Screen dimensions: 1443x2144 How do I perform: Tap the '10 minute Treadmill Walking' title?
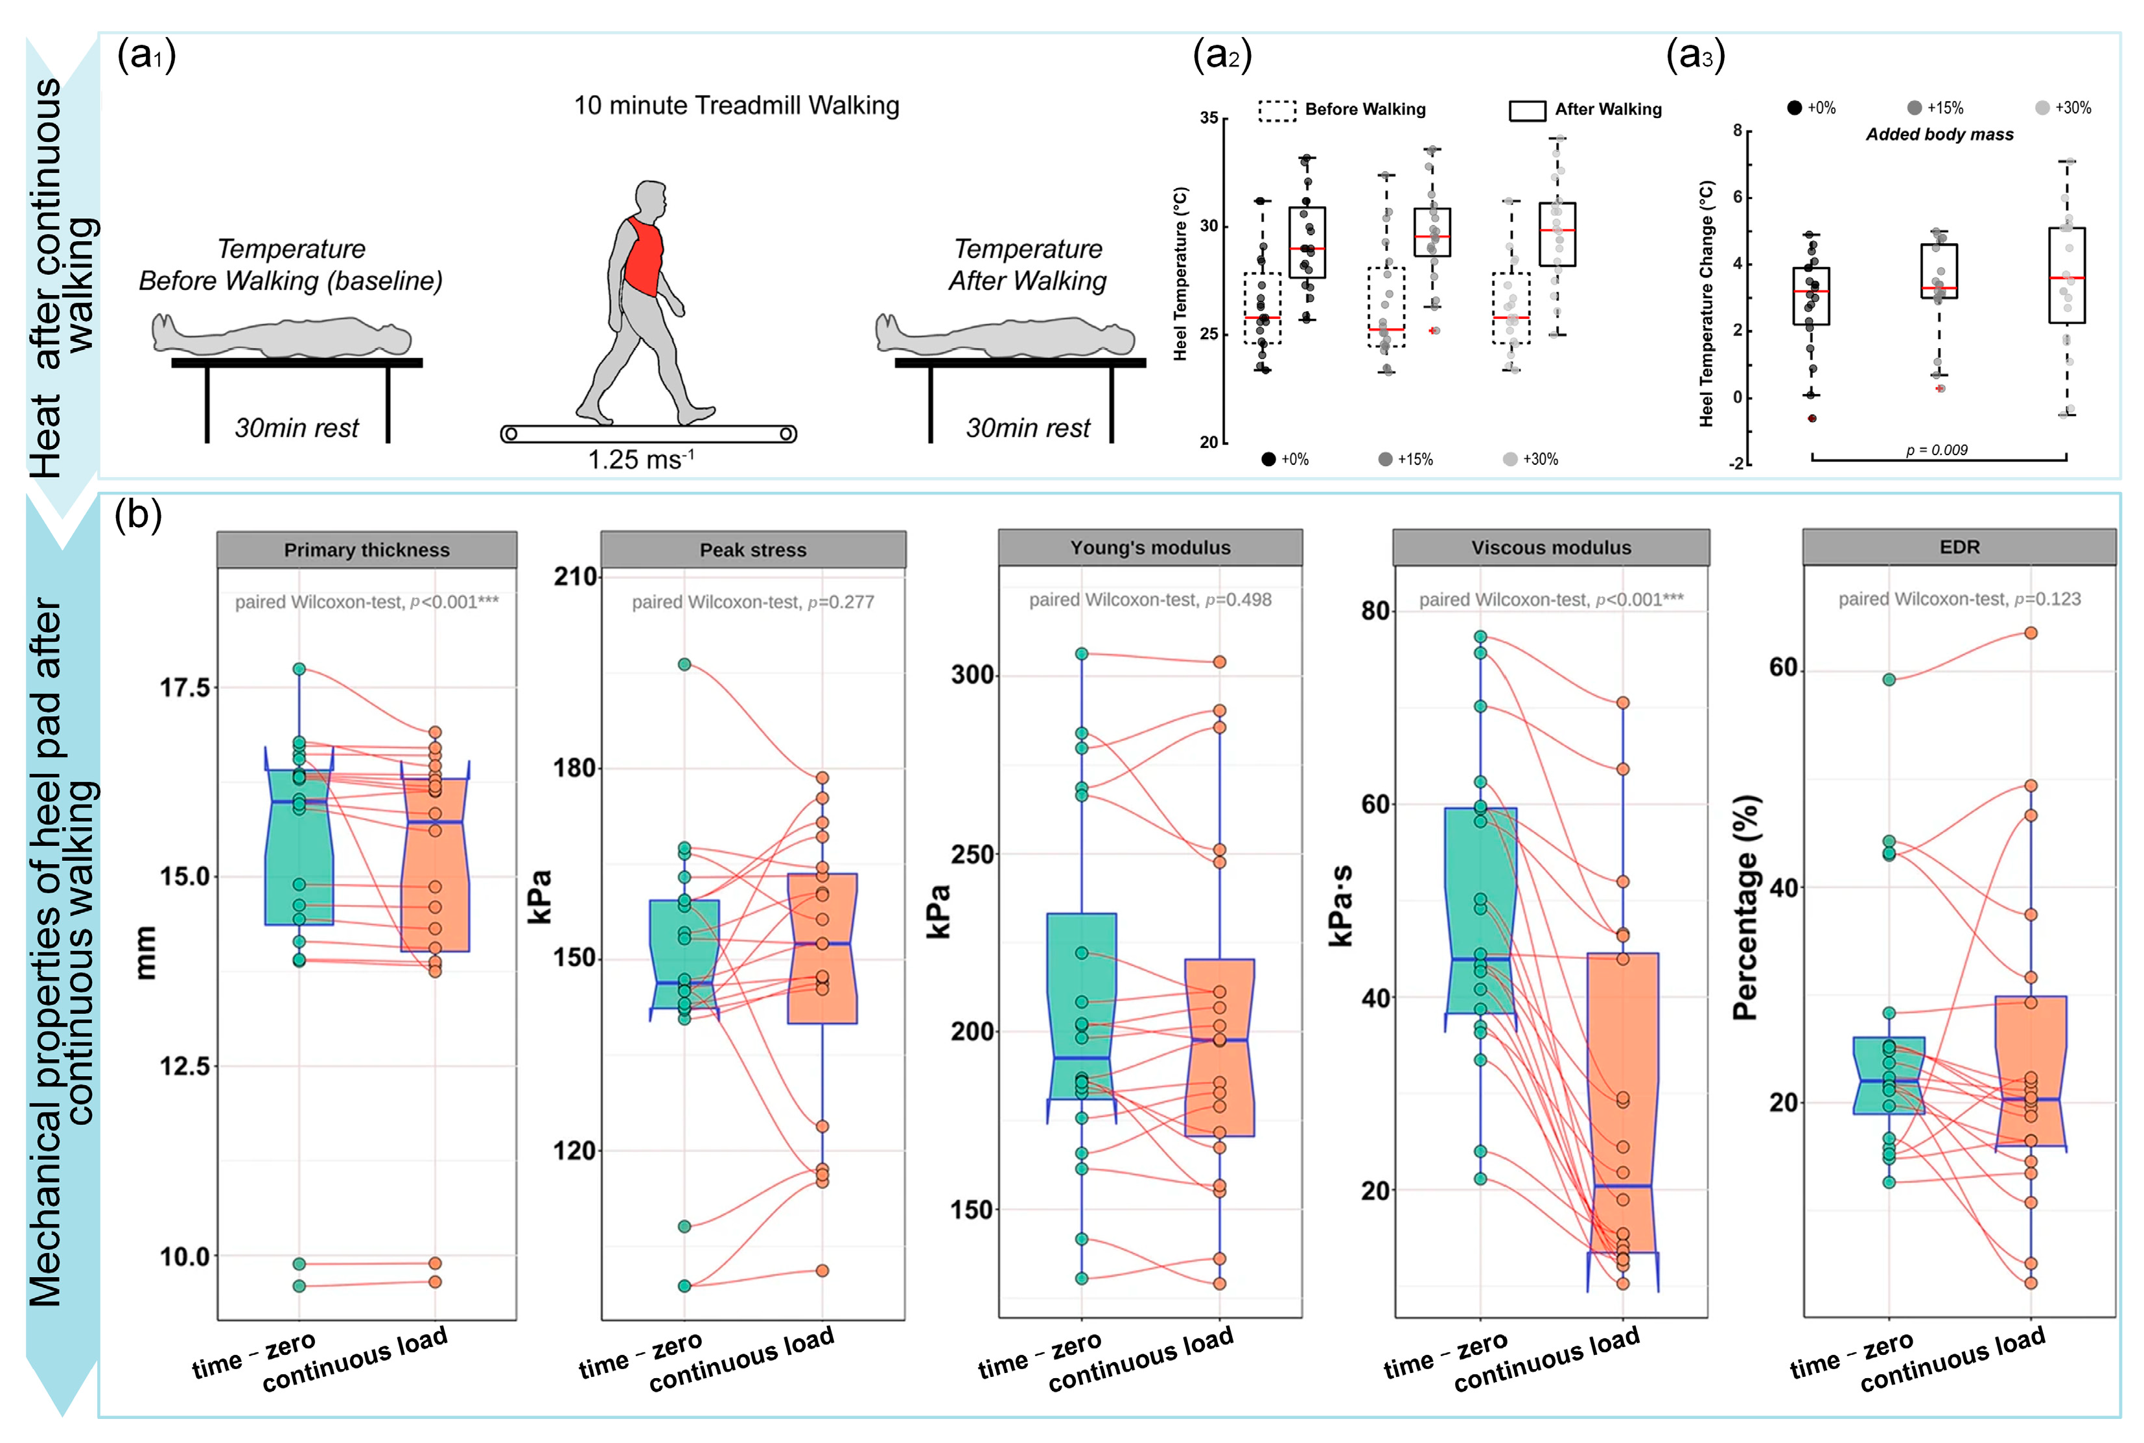click(x=736, y=106)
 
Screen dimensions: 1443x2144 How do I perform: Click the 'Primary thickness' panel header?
click(x=366, y=550)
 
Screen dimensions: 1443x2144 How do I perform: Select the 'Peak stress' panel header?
click(x=752, y=550)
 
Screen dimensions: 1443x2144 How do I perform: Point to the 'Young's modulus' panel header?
click(x=1150, y=548)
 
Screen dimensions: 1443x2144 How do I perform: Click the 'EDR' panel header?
click(x=1959, y=546)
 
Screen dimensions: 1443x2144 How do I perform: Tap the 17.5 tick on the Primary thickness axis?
click(x=185, y=687)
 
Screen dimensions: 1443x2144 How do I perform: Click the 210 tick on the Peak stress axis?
click(x=575, y=577)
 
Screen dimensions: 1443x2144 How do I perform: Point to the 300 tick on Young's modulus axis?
click(x=973, y=675)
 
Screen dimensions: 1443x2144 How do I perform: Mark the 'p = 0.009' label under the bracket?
click(x=1936, y=450)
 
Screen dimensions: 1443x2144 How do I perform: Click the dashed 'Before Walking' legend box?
click(x=1277, y=110)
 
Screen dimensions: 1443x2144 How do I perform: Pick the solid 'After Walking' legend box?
click(x=1526, y=110)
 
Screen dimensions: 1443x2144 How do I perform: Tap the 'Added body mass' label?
click(x=1939, y=134)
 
